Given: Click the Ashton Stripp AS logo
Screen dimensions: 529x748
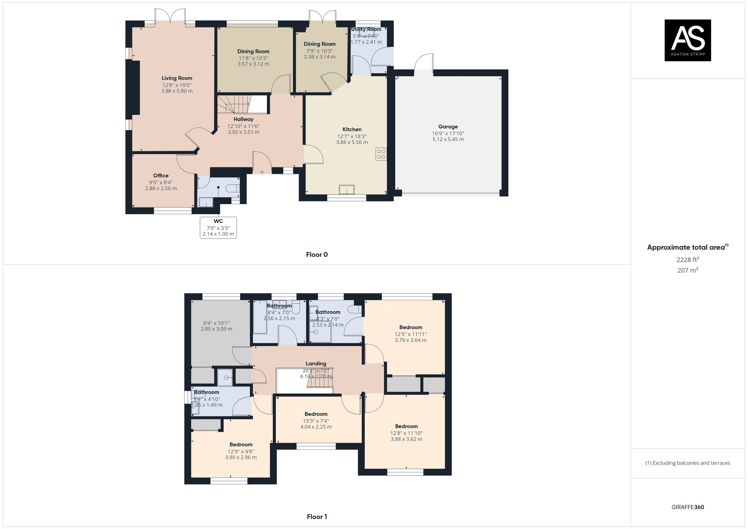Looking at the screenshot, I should coord(687,40).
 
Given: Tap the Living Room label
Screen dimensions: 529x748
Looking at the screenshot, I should coord(177,78).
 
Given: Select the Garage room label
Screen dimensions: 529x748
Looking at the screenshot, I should coord(448,127).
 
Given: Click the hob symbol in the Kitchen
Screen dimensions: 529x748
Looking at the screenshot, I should coord(381,154).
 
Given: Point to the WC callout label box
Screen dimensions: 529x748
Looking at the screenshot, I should coord(218,227).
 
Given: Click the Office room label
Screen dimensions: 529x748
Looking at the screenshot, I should coord(161,176).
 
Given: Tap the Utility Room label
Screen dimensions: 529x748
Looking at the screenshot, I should coord(366,29).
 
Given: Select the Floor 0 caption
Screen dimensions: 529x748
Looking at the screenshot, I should coord(317,255).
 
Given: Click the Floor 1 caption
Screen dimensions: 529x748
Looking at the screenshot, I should coord(317,517).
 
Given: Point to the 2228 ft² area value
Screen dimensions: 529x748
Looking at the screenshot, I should coord(687,259).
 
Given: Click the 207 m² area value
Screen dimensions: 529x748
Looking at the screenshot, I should coord(687,270).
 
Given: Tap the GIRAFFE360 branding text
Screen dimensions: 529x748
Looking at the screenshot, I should coord(687,507).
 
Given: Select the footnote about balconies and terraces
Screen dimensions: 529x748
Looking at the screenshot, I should coord(687,463).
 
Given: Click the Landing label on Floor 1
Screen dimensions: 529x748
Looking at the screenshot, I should coord(316,363).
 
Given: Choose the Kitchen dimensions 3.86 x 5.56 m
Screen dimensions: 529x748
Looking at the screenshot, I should coord(352,142).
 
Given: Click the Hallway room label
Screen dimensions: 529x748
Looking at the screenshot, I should coord(243,119).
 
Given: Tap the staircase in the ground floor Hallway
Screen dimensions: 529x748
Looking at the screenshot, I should coord(233,104).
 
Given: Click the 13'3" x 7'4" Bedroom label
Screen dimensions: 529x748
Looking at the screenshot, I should coord(316,414).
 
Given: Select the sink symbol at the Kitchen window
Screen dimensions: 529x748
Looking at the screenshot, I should coord(346,190).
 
